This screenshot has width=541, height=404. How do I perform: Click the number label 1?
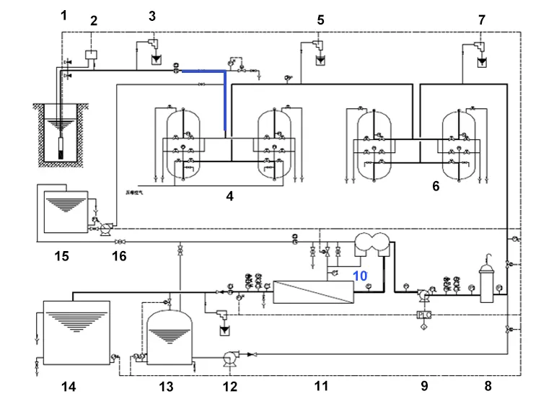tap(63, 14)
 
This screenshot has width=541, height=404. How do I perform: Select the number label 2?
tap(93, 21)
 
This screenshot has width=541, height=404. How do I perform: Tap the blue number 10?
tap(360, 276)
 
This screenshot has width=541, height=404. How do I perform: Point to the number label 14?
tap(68, 387)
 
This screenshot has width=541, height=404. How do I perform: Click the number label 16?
tap(120, 256)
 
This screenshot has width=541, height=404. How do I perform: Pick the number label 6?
tap(436, 185)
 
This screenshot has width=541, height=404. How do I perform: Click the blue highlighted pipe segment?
tap(224, 94)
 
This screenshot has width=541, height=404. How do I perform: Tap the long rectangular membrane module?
tap(313, 292)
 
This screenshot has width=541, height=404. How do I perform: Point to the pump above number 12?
tap(231, 356)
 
